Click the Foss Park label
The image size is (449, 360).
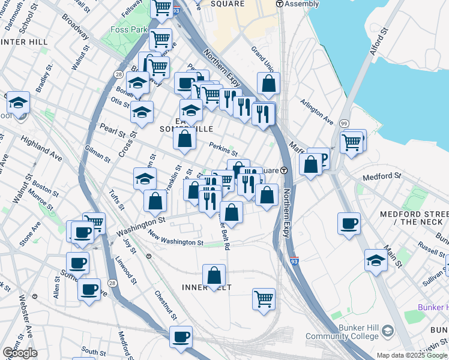pyautogui.click(x=126, y=29)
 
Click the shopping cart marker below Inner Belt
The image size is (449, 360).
pyautogui.click(x=264, y=298)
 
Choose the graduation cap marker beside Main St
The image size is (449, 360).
pyautogui.click(x=376, y=260)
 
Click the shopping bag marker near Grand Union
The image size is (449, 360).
pyautogui.click(x=268, y=83)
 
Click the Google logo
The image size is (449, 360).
pyautogui.click(x=19, y=352)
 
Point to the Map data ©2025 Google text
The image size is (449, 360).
pyautogui.click(x=411, y=355)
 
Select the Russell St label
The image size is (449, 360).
pyautogui.click(x=432, y=247)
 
